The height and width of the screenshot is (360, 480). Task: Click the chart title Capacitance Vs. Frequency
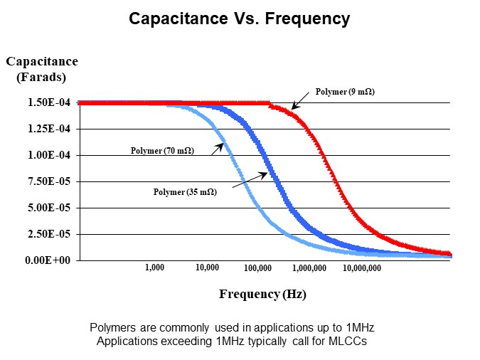pos(239,19)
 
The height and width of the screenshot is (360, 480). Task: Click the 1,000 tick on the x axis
pos(154,268)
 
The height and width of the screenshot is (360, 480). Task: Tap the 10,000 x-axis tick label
pos(206,268)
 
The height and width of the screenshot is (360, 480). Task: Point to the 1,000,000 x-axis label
pos(309,268)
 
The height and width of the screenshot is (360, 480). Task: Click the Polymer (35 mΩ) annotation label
pos(185,191)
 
